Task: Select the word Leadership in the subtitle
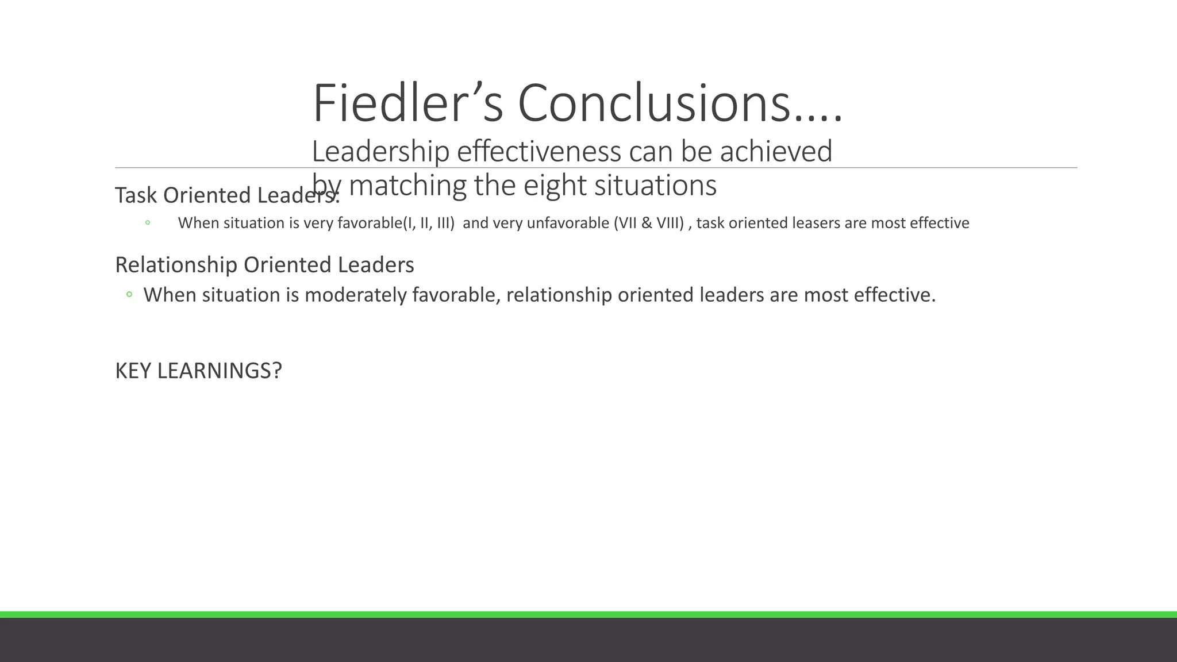click(x=380, y=152)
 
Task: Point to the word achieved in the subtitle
click(x=776, y=152)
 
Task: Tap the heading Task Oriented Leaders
click(x=226, y=195)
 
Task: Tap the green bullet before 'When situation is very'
click(x=148, y=223)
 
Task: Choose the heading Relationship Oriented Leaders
click(x=264, y=265)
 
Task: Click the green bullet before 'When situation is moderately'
click(x=129, y=295)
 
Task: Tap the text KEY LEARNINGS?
click(x=198, y=371)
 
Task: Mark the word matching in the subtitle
click(x=407, y=186)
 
